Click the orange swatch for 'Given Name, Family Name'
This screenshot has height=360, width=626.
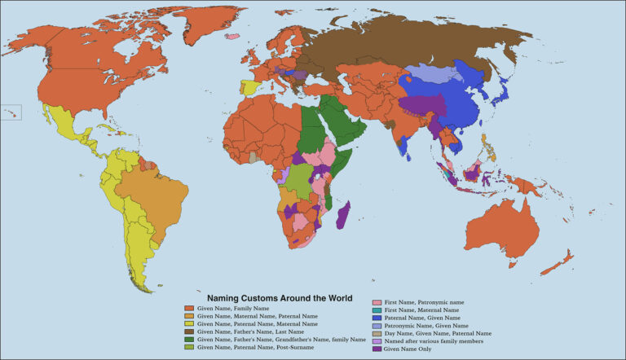188,309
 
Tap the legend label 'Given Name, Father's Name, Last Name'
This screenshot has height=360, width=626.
249,331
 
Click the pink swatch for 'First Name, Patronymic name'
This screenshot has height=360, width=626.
376,302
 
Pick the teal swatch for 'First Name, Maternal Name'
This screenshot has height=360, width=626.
376,310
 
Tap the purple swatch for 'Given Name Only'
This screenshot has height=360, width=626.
376,349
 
